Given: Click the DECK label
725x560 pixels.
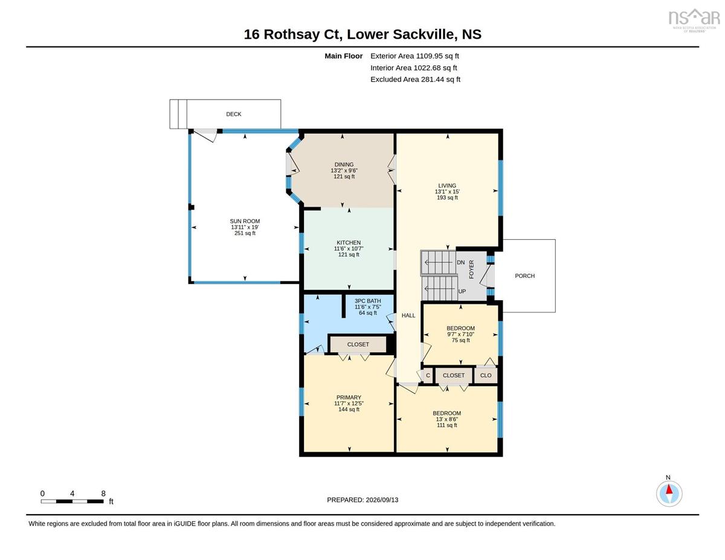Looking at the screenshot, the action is pyautogui.click(x=234, y=114).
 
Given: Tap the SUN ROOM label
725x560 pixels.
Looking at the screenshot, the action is pyautogui.click(x=245, y=221).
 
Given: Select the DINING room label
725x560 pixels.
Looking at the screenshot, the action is pyautogui.click(x=344, y=164).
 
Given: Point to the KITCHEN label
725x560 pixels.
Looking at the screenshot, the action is pyautogui.click(x=349, y=242).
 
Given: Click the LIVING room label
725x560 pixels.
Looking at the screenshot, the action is pyautogui.click(x=447, y=185).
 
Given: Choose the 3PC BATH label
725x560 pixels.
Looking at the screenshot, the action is pyautogui.click(x=368, y=301).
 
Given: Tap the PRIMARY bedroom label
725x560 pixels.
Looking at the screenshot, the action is pyautogui.click(x=349, y=397).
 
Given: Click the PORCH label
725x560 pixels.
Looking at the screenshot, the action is pyautogui.click(x=525, y=276).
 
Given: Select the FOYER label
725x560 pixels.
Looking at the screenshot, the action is pyautogui.click(x=471, y=269).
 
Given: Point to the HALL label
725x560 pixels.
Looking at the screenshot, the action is pyautogui.click(x=408, y=315).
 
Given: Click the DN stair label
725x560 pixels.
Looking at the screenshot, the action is pyautogui.click(x=461, y=263).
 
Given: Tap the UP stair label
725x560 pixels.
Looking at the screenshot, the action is pyautogui.click(x=462, y=291).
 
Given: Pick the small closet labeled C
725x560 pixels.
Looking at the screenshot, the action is pyautogui.click(x=428, y=375).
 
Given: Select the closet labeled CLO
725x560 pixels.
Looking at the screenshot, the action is pyautogui.click(x=486, y=375).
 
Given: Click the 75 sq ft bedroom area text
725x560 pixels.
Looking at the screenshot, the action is pyautogui.click(x=461, y=340).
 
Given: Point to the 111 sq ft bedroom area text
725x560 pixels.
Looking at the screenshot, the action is pyautogui.click(x=447, y=425).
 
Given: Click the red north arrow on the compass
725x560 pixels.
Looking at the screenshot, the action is pyautogui.click(x=669, y=489).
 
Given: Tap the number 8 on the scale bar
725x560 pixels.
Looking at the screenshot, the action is pyautogui.click(x=103, y=494).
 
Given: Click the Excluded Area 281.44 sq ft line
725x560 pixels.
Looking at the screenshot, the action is pyautogui.click(x=416, y=79).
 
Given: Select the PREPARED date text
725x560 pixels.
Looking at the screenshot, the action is pyautogui.click(x=362, y=500).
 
